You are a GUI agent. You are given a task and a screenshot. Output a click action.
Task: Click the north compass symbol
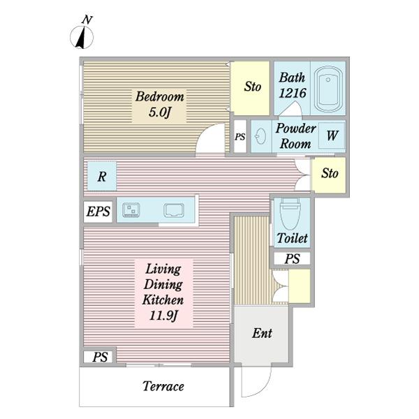(x=82, y=34)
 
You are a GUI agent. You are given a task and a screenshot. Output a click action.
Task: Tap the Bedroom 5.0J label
(x=159, y=104)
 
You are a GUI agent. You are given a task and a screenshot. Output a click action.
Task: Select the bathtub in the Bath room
(x=328, y=89)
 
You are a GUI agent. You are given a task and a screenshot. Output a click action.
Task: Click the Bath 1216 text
(x=292, y=85)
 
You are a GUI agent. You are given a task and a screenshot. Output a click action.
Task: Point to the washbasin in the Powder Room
(x=260, y=136)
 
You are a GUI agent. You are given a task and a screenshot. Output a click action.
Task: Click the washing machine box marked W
(x=332, y=135)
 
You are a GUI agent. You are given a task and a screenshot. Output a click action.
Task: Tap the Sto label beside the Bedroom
(x=252, y=87)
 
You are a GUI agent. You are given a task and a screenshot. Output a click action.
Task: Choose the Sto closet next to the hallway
(x=329, y=175)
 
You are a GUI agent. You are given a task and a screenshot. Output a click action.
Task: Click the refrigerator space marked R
(x=102, y=176)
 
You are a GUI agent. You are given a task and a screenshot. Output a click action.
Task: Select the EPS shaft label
(x=98, y=212)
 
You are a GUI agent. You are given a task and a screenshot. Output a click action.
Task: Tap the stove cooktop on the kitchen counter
(x=131, y=209)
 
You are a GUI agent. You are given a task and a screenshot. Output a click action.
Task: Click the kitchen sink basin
(x=174, y=210)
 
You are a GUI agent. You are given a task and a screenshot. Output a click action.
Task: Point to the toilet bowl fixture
(x=291, y=214)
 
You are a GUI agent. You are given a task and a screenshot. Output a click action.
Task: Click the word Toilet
(x=292, y=238)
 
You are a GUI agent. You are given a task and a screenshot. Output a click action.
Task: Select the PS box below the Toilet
(x=292, y=258)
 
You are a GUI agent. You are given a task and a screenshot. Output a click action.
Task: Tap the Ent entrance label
(x=262, y=333)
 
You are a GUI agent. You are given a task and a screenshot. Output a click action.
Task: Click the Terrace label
(x=163, y=386)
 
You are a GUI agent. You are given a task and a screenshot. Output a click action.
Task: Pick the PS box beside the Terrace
(x=99, y=357)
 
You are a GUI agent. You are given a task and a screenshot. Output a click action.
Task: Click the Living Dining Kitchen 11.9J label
(x=163, y=292)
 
